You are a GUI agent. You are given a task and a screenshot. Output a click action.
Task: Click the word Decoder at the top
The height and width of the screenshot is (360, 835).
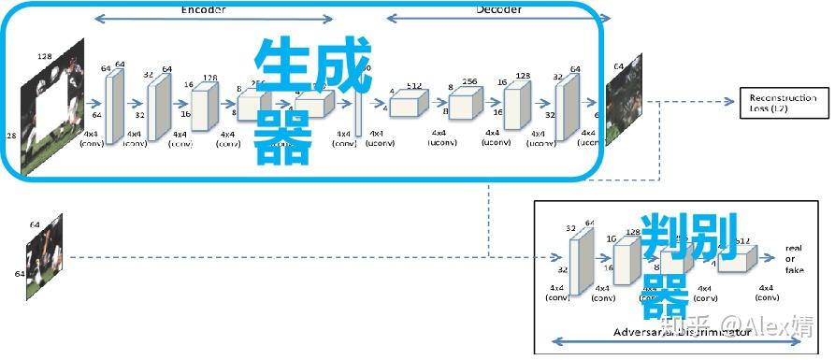coord(498,8)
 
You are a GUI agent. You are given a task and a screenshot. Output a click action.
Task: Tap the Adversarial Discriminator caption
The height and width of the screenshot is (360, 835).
coord(682,332)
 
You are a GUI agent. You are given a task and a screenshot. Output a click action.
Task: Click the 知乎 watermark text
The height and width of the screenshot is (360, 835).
coord(681,327)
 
